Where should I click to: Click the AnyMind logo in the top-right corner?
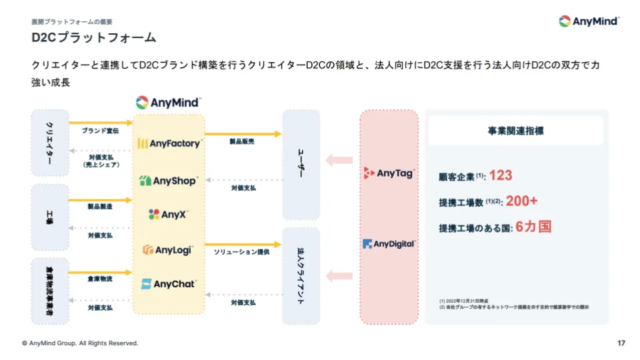click(x=589, y=21)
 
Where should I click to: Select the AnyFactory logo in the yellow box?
click(x=169, y=143)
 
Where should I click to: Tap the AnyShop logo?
click(x=169, y=181)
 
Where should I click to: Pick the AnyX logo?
click(x=168, y=215)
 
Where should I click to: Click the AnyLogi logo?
click(x=168, y=250)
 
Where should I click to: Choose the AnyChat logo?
click(x=169, y=284)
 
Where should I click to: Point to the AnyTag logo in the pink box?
click(x=389, y=173)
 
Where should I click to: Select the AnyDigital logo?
click(x=389, y=244)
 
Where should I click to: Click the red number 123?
click(x=500, y=175)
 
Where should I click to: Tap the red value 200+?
click(x=521, y=201)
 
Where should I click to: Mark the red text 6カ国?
click(x=533, y=227)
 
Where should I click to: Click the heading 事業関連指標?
click(x=515, y=131)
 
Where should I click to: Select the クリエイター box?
click(x=50, y=143)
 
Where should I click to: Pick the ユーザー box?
click(x=301, y=165)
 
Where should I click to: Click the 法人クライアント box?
click(x=301, y=276)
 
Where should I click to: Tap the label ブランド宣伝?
click(x=100, y=131)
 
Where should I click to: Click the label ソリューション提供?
click(x=241, y=253)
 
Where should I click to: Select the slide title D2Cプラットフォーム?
click(x=93, y=37)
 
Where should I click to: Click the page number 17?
click(x=621, y=343)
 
